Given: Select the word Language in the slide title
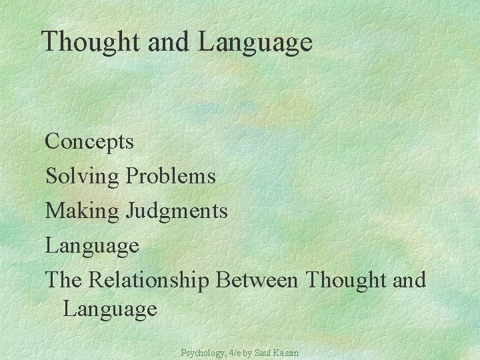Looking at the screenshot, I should click(255, 43).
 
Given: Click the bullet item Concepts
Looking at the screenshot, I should click(89, 142).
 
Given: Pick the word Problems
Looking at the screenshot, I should click(171, 177).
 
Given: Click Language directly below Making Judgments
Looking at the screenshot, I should click(92, 246).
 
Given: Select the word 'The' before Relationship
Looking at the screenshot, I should click(62, 280).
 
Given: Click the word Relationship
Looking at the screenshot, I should click(147, 281).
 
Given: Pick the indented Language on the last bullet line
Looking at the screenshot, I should click(110, 309).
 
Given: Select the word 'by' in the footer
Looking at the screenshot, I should click(247, 351).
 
